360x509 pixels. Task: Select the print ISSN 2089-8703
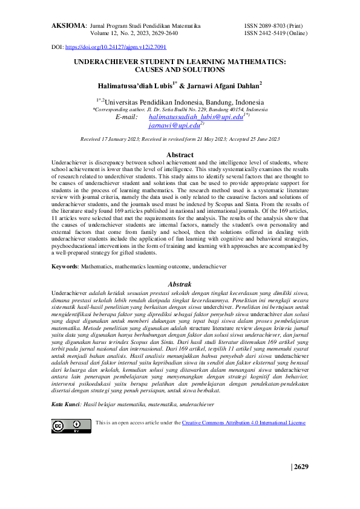281,27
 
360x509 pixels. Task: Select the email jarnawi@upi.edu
174,126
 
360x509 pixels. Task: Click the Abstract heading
180,155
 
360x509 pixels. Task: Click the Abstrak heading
180,284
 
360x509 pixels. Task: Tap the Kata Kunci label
65,387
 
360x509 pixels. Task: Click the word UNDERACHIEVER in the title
111,62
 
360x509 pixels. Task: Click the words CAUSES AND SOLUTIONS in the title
180,70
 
